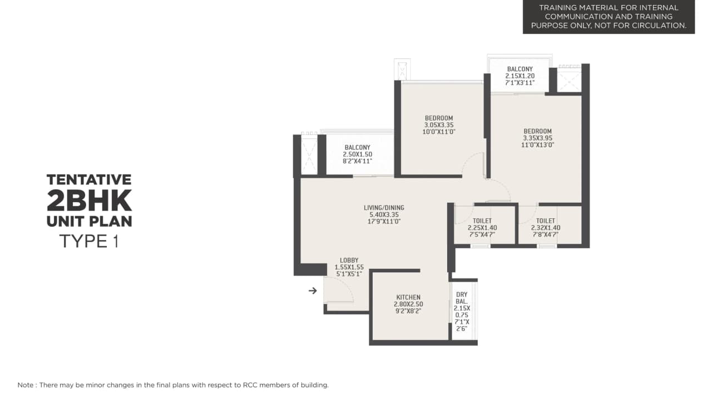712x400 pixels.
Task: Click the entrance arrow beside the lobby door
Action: pyautogui.click(x=313, y=291)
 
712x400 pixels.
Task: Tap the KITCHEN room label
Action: pyautogui.click(x=408, y=297)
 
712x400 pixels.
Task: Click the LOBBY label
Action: pyautogui.click(x=349, y=260)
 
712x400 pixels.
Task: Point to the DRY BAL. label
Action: pyautogui.click(x=462, y=298)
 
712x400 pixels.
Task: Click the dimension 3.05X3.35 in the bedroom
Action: pyautogui.click(x=439, y=125)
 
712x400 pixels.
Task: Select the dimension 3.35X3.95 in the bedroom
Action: pyautogui.click(x=537, y=138)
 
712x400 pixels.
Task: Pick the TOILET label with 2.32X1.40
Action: pyautogui.click(x=546, y=221)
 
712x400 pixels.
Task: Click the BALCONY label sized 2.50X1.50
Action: pyautogui.click(x=357, y=147)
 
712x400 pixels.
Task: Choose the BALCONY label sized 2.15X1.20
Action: pyautogui.click(x=520, y=69)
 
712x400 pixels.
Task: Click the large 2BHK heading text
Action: pyautogui.click(x=89, y=199)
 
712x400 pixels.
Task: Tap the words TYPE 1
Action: pyautogui.click(x=89, y=242)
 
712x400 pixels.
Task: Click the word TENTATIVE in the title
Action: pyautogui.click(x=89, y=179)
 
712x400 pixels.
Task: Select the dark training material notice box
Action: pyautogui.click(x=609, y=17)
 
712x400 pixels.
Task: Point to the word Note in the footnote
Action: pyautogui.click(x=25, y=385)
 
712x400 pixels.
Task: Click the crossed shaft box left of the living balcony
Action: pyautogui.click(x=309, y=156)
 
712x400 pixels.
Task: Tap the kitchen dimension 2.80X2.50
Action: pyautogui.click(x=408, y=304)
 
